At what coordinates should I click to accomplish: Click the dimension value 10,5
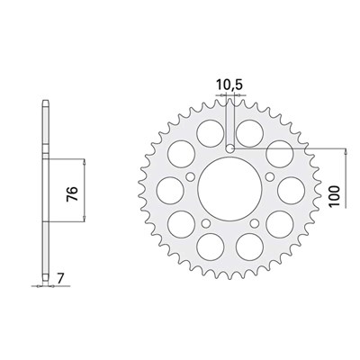pyautogui.click(x=229, y=85)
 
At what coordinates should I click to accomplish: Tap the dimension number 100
pyautogui.click(x=335, y=196)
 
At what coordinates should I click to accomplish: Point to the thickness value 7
pyautogui.click(x=60, y=279)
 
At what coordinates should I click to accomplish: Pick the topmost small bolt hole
pyautogui.click(x=230, y=148)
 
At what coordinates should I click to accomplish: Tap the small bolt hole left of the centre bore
pyautogui.click(x=190, y=177)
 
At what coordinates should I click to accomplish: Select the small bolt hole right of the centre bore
pyautogui.click(x=270, y=175)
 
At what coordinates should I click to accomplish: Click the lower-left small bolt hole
pyautogui.click(x=206, y=223)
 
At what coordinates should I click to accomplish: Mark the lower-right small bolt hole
pyautogui.click(x=255, y=223)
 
